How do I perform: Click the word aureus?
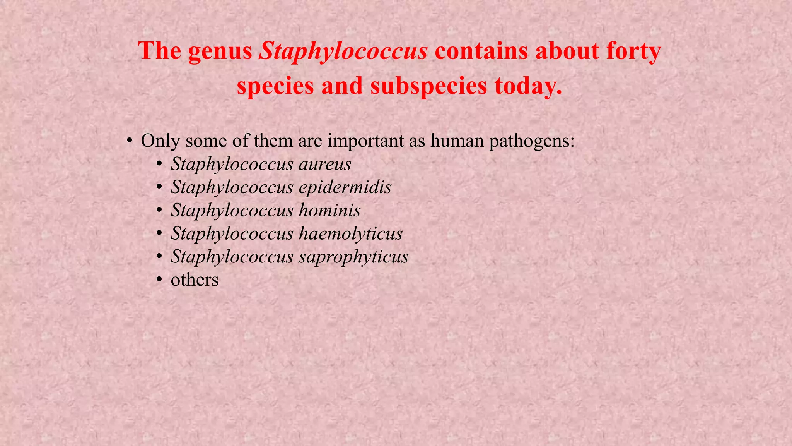pyautogui.click(x=325, y=164)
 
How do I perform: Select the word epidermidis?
pyautogui.click(x=345, y=187)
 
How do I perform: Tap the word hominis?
pyautogui.click(x=329, y=211)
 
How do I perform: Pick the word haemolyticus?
pyautogui.click(x=350, y=234)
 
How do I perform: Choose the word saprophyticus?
pyautogui.click(x=353, y=257)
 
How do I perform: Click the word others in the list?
pyautogui.click(x=195, y=280)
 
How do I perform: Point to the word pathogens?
pyautogui.click(x=532, y=141)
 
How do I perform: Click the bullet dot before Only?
pyautogui.click(x=130, y=141)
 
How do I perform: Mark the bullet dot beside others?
pyautogui.click(x=159, y=280)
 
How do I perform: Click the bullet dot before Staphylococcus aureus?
pyautogui.click(x=159, y=164)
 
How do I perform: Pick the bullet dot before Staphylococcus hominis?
pyautogui.click(x=159, y=211)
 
